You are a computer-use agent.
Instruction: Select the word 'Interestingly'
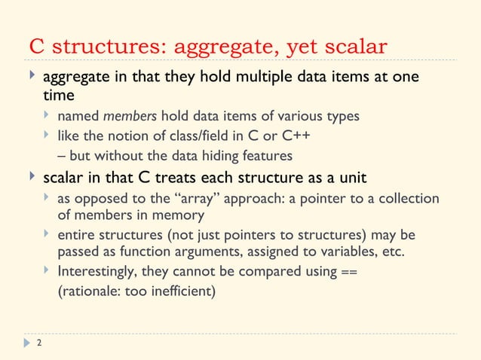point(100,271)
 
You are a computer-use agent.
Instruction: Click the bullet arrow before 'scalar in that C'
point(32,178)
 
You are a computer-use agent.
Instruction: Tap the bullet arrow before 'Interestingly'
point(47,270)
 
